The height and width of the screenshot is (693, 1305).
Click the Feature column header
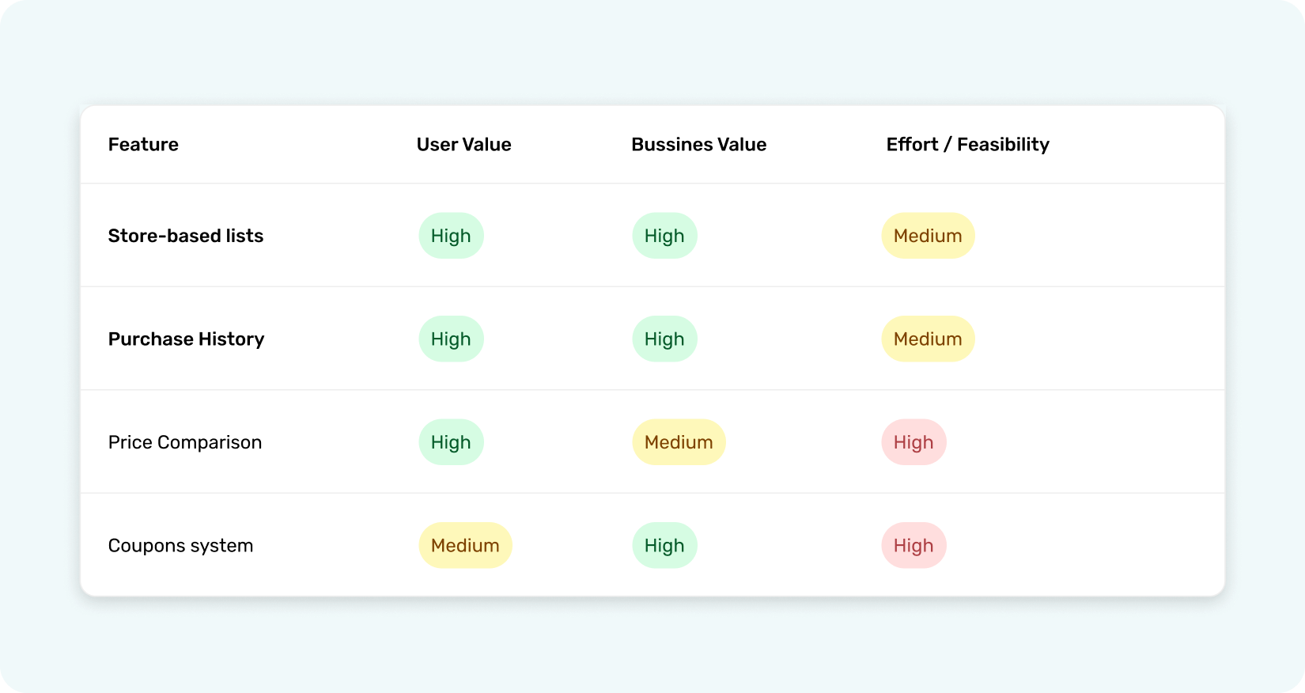(143, 145)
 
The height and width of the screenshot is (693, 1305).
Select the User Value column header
(463, 145)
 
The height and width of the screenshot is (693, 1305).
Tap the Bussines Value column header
(698, 145)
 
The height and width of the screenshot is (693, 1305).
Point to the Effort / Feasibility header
(967, 145)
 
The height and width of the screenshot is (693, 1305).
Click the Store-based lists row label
(186, 236)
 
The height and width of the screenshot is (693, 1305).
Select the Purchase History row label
(186, 339)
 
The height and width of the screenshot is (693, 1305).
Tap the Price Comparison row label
(185, 442)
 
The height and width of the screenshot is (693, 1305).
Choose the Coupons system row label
(180, 546)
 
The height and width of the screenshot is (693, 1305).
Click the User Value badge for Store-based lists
(451, 236)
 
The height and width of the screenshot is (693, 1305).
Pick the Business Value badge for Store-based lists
(664, 236)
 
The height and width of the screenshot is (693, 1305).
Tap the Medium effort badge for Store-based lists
(928, 236)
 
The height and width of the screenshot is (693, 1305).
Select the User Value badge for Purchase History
(451, 339)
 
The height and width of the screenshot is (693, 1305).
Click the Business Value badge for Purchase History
(664, 339)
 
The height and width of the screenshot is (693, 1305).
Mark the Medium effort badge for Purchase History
(928, 339)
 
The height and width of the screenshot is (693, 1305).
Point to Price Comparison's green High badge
(451, 442)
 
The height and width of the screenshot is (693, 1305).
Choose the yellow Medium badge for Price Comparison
(679, 442)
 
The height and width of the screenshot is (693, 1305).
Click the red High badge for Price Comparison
(913, 442)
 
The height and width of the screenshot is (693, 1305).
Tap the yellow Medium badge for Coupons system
(465, 546)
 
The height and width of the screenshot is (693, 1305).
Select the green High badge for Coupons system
(664, 546)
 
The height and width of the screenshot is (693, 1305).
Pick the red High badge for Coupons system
(913, 546)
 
